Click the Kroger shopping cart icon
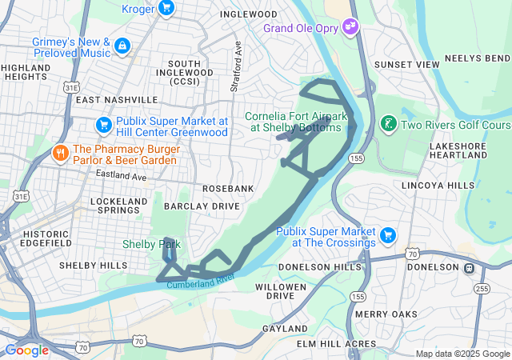tap(166, 8)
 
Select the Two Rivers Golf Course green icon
tap(388, 124)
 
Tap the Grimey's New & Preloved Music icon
tap(122, 46)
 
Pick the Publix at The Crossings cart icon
tap(388, 234)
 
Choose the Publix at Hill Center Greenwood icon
tap(103, 125)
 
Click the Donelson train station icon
tap(470, 267)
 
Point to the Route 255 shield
tap(482, 287)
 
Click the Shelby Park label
tap(151, 244)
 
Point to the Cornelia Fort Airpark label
tap(296, 121)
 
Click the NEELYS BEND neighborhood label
tap(477, 58)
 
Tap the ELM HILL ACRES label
tap(336, 343)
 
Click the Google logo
tap(26, 350)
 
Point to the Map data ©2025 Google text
tap(462, 354)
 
